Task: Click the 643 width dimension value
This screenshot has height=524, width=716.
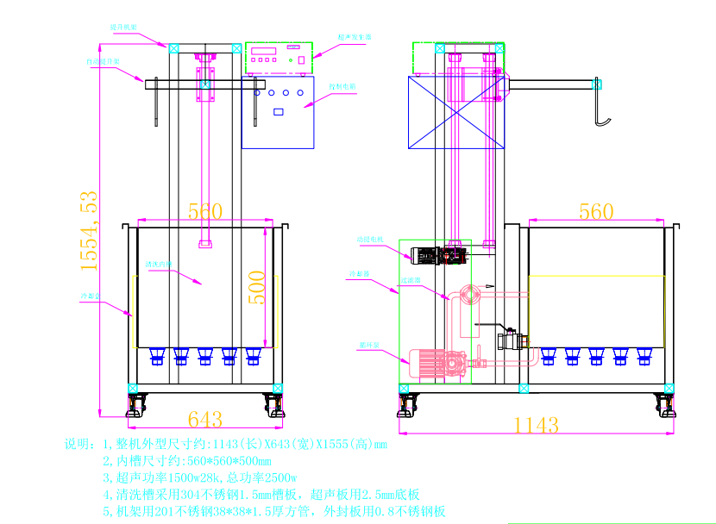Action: [204, 420]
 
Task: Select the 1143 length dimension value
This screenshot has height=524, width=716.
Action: [536, 425]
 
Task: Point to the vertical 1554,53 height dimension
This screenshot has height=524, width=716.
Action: [90, 232]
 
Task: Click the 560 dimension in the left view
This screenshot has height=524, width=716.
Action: [204, 211]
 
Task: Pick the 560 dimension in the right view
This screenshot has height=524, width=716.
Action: [596, 211]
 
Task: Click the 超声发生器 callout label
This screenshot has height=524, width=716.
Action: [354, 38]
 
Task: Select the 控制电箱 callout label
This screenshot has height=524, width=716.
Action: [342, 87]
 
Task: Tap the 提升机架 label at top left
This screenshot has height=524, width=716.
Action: [122, 28]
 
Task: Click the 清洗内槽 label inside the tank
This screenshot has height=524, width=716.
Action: [159, 264]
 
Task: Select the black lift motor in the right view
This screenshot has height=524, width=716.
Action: [424, 254]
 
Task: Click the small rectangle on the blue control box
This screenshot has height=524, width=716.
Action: [279, 111]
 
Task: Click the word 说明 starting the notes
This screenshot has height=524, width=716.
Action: [78, 445]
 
